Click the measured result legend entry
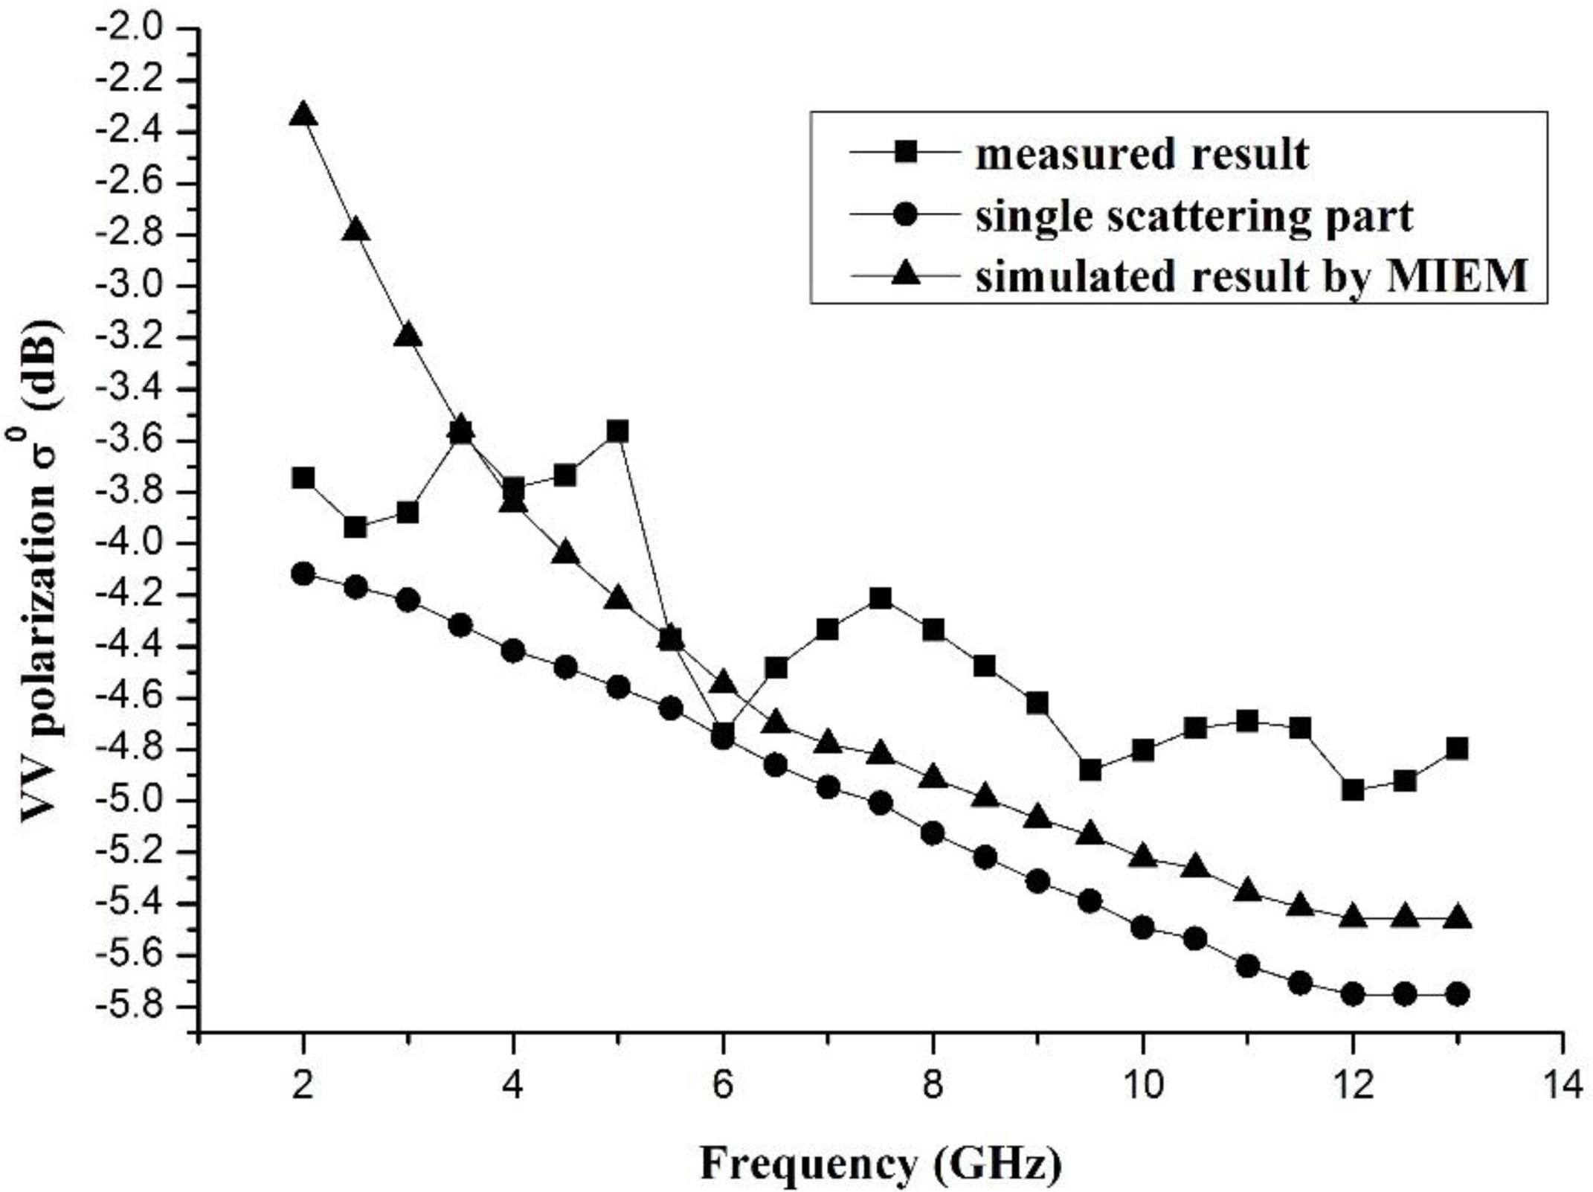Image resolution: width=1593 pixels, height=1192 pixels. coord(1141,154)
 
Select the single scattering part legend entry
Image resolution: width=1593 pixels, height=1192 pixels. coord(1193,217)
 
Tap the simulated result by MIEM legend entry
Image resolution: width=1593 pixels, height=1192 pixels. coord(1250,277)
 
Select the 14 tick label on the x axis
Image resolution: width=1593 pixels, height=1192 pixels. coord(1563,1087)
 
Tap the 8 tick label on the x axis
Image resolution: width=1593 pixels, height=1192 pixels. coord(933,1087)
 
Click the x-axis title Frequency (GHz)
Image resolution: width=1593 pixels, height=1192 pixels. coord(881,1163)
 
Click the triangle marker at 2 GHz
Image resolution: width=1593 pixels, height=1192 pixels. coord(303,115)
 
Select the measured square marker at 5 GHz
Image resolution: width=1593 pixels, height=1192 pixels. coord(617,432)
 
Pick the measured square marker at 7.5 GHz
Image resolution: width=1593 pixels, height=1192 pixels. coord(881,599)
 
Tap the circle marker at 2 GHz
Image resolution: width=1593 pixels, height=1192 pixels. coord(303,574)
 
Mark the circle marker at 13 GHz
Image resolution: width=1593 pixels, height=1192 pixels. coord(1458,994)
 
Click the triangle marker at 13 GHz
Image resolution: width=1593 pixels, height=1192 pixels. coord(1458,917)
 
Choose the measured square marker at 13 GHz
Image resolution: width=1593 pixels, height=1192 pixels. coord(1458,748)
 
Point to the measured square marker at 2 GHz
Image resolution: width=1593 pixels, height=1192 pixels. coord(303,478)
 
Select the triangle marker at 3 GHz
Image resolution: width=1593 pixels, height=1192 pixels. coord(408,336)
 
